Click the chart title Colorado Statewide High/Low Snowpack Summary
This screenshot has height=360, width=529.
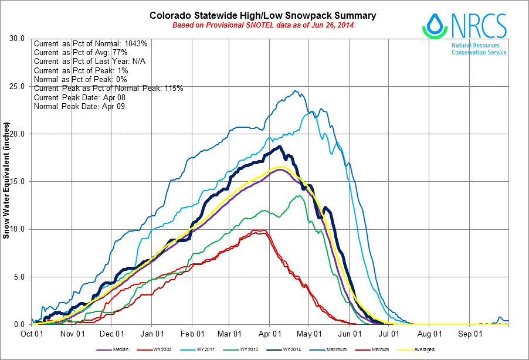tap(263, 15)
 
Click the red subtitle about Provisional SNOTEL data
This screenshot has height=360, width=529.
tap(263, 26)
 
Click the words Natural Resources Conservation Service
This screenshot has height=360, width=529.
tap(479, 48)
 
